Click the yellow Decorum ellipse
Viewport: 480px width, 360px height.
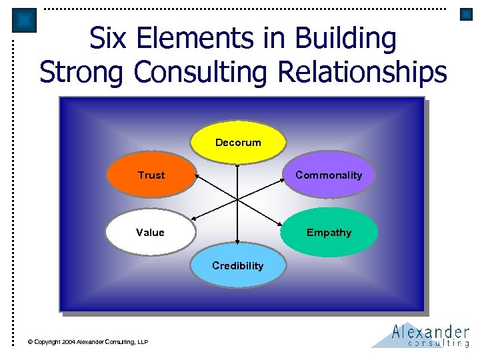coord(238,142)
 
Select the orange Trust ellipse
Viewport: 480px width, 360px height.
coord(151,175)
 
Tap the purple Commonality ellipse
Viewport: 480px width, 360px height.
coord(329,175)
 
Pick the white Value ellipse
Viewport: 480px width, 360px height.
coord(150,233)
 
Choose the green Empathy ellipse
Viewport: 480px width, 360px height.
coord(329,233)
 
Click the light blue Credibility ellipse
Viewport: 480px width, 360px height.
coord(238,266)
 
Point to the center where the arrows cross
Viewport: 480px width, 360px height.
coord(238,199)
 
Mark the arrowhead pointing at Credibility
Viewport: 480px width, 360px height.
coord(237,244)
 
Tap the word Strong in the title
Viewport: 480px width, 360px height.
coord(83,71)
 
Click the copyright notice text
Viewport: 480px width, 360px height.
coord(88,342)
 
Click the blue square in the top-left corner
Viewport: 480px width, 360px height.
coord(25,21)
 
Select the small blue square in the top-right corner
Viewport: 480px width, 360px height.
coord(466,14)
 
